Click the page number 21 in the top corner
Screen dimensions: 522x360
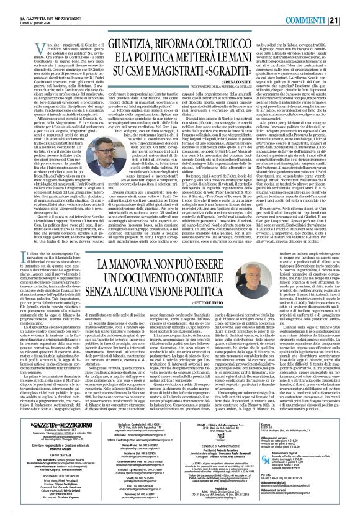click(x=351, y=6)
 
